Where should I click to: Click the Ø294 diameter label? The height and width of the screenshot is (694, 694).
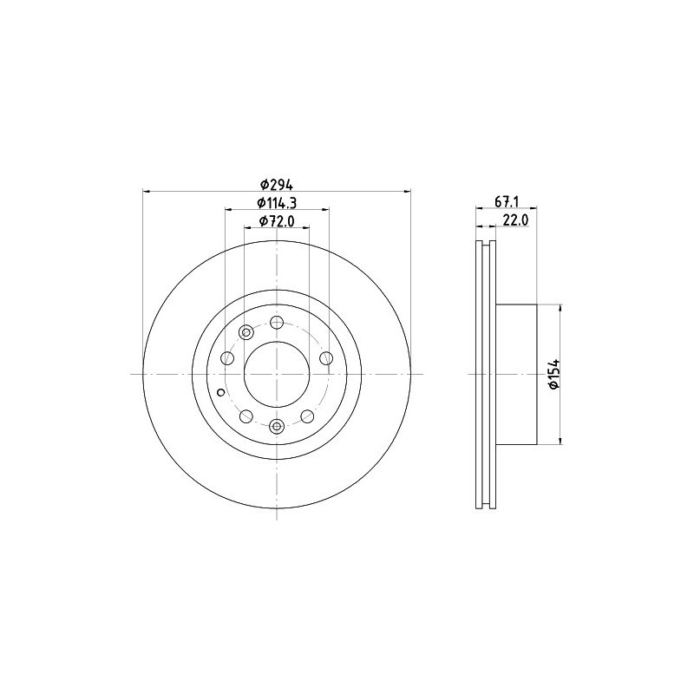pos(277,183)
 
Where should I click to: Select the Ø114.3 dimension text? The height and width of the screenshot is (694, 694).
pos(277,202)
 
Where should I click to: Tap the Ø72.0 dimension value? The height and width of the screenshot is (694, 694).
pos(277,221)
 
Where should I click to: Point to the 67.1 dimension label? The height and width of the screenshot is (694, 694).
pos(507,202)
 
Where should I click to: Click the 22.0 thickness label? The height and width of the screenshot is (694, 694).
pos(516,220)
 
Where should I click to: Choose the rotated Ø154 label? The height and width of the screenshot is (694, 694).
pos(554,374)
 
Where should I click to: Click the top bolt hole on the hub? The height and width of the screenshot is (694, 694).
pos(277,322)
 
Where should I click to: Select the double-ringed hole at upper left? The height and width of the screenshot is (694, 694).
pos(246,332)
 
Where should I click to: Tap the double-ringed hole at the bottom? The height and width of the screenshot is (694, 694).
pos(277,426)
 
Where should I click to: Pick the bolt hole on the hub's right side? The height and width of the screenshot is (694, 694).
pos(326,358)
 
